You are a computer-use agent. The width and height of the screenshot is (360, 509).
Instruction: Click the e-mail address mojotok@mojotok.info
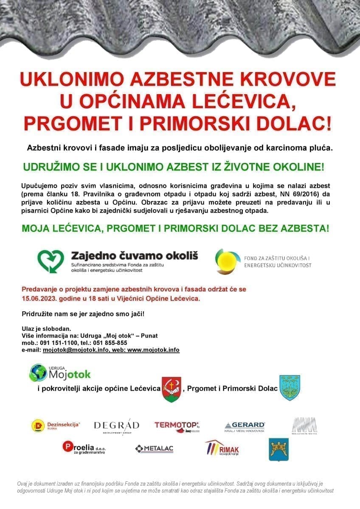(x=76, y=350)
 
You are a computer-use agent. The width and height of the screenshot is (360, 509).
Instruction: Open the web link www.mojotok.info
(x=153, y=350)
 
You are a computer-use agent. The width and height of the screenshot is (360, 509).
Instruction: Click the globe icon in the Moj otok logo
(x=38, y=372)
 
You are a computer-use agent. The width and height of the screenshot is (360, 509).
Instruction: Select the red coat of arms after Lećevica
(x=171, y=389)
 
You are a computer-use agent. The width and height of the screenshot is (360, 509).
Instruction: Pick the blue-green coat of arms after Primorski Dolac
(x=289, y=388)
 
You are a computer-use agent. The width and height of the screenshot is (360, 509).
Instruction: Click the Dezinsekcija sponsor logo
(x=56, y=425)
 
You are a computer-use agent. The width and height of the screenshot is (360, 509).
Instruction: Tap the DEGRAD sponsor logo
(x=116, y=426)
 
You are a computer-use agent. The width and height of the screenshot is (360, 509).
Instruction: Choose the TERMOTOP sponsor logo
(x=177, y=426)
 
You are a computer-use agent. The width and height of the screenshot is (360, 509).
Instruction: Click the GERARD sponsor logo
(x=245, y=426)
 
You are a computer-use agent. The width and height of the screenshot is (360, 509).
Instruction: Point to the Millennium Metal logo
(x=304, y=426)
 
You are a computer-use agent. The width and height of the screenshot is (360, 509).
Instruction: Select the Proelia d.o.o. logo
(x=84, y=448)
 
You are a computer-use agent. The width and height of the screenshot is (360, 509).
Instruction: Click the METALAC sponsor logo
(x=154, y=449)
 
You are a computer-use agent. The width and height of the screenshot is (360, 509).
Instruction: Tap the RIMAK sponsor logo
(x=222, y=448)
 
